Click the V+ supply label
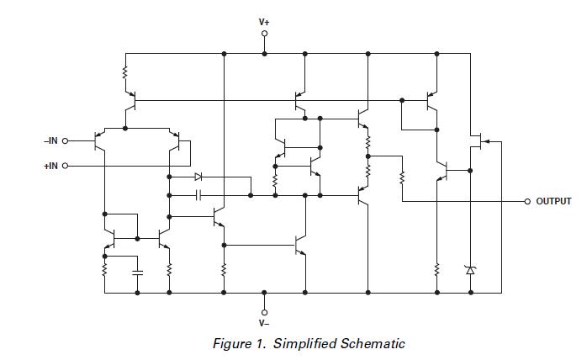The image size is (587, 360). click(264, 21)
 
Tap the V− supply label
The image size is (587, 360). click(264, 323)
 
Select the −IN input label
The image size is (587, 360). click(50, 141)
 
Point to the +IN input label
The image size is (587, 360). click(50, 166)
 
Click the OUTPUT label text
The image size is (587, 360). click(553, 202)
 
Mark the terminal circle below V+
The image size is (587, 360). click(264, 34)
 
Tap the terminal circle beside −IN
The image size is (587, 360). click(65, 141)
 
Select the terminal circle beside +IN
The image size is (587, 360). click(65, 166)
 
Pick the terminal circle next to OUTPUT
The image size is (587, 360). click(527, 202)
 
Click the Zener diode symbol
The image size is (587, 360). click(470, 270)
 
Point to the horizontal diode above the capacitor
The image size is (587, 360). click(198, 177)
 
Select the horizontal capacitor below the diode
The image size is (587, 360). click(198, 195)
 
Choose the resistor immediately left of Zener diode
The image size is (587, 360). click(436, 270)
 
